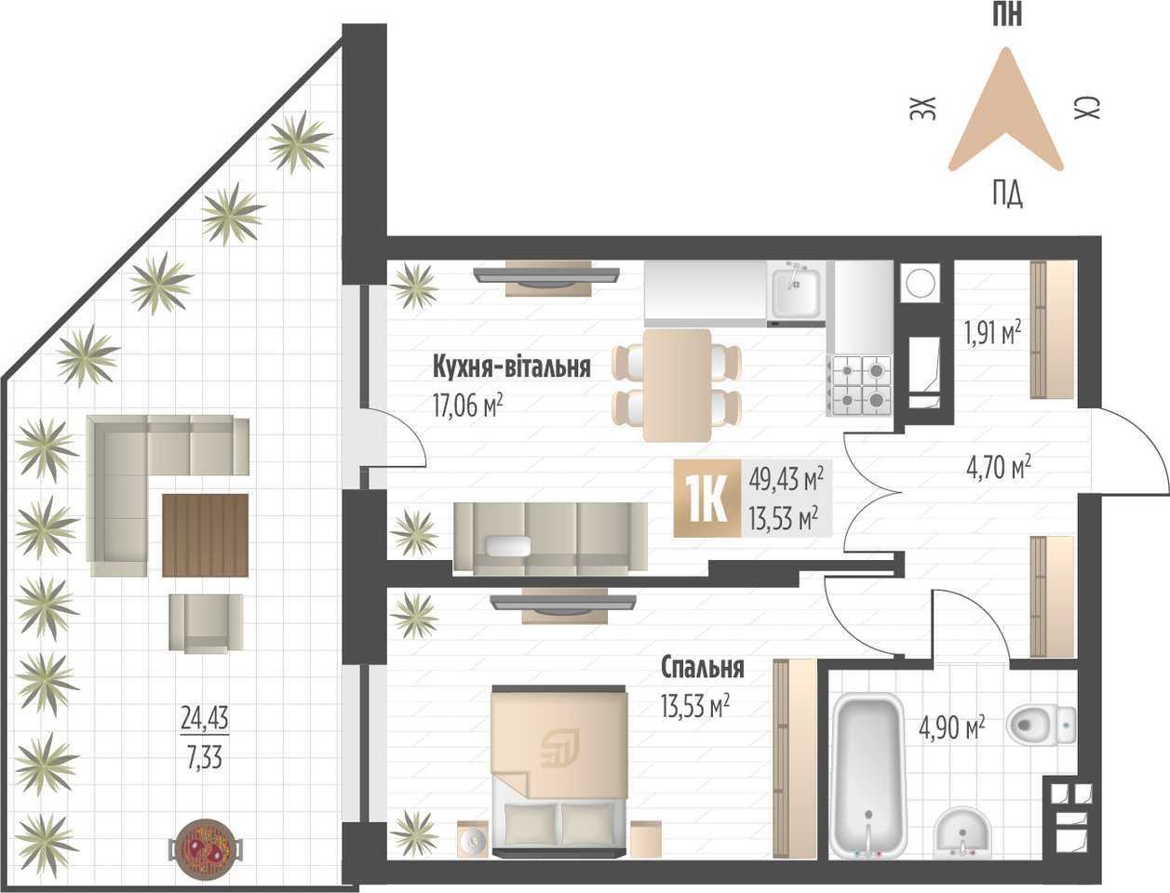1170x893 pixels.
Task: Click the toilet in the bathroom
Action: (1041, 725)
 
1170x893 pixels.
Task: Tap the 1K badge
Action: (707, 499)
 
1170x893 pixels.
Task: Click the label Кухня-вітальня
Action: (511, 367)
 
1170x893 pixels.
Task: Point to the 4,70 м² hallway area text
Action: (999, 468)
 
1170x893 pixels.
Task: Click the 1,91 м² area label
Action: (992, 333)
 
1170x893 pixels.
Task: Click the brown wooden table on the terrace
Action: (205, 535)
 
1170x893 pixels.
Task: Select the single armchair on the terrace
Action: (206, 622)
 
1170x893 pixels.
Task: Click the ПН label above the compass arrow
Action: (1007, 14)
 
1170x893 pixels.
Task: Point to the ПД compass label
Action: (1007, 193)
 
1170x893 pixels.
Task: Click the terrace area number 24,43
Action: (205, 718)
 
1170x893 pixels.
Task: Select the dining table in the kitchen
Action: (677, 385)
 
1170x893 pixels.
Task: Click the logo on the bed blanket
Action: (559, 748)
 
